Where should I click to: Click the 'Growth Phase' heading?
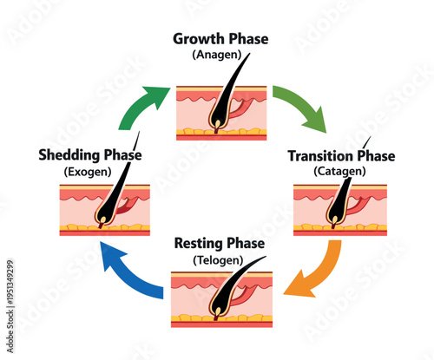tap(220, 39)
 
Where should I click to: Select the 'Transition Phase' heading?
tap(340, 156)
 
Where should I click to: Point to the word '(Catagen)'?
tap(340, 172)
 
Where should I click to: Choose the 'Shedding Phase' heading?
tap(89, 155)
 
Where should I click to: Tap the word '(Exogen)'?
tap(89, 172)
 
